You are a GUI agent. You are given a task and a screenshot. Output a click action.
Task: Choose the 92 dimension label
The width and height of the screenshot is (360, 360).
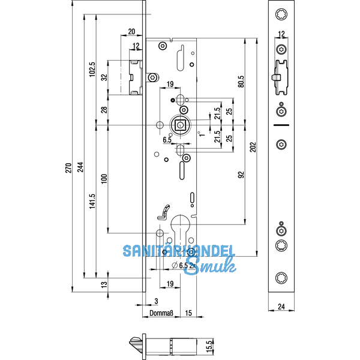[241, 175]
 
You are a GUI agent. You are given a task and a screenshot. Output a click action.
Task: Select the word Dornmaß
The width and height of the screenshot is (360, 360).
[161, 313]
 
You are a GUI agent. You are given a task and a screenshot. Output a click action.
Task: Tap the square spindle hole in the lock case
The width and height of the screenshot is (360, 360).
[180, 125]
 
